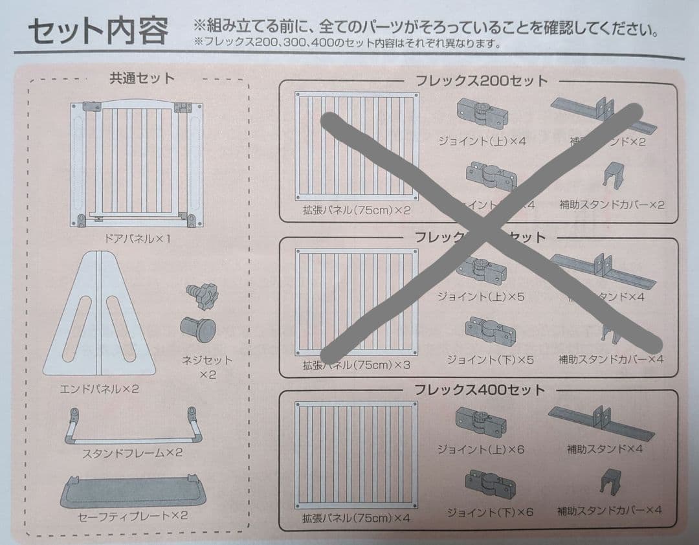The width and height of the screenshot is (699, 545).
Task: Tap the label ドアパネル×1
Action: [137, 238]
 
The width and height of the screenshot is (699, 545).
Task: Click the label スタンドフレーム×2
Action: [132, 453]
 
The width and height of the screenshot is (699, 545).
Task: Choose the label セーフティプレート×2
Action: [132, 515]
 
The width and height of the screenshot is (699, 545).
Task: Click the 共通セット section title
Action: [142, 78]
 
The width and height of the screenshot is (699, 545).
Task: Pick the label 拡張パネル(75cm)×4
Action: [356, 518]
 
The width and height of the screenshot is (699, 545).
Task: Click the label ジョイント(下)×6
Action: [490, 512]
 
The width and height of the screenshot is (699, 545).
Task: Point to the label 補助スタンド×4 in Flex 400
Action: [605, 449]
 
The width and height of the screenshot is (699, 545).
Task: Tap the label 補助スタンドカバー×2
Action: [612, 205]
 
